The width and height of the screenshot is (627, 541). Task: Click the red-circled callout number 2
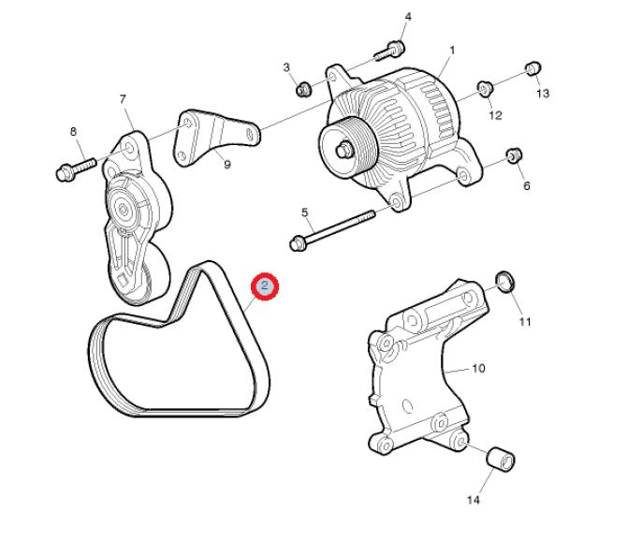[264, 285]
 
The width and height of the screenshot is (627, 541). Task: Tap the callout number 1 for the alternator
[452, 51]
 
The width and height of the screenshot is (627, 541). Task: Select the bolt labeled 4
[389, 51]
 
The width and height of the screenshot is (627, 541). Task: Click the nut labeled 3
[303, 89]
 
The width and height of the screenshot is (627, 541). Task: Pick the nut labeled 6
[515, 155]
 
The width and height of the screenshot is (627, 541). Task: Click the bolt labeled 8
[76, 169]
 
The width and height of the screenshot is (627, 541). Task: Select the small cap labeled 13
[533, 68]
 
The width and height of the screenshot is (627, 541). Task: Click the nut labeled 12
[485, 88]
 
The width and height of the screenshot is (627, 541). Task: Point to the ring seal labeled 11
[505, 282]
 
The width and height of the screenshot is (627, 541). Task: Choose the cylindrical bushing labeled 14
[501, 458]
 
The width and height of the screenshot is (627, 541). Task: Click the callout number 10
[478, 368]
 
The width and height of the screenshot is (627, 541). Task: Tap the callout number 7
[123, 99]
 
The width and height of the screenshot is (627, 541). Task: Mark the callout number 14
[473, 500]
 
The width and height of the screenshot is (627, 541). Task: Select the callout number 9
[227, 165]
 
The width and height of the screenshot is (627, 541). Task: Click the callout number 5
[305, 212]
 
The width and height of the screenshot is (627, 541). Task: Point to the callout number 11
[525, 322]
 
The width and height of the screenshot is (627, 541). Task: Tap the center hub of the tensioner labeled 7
[123, 209]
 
